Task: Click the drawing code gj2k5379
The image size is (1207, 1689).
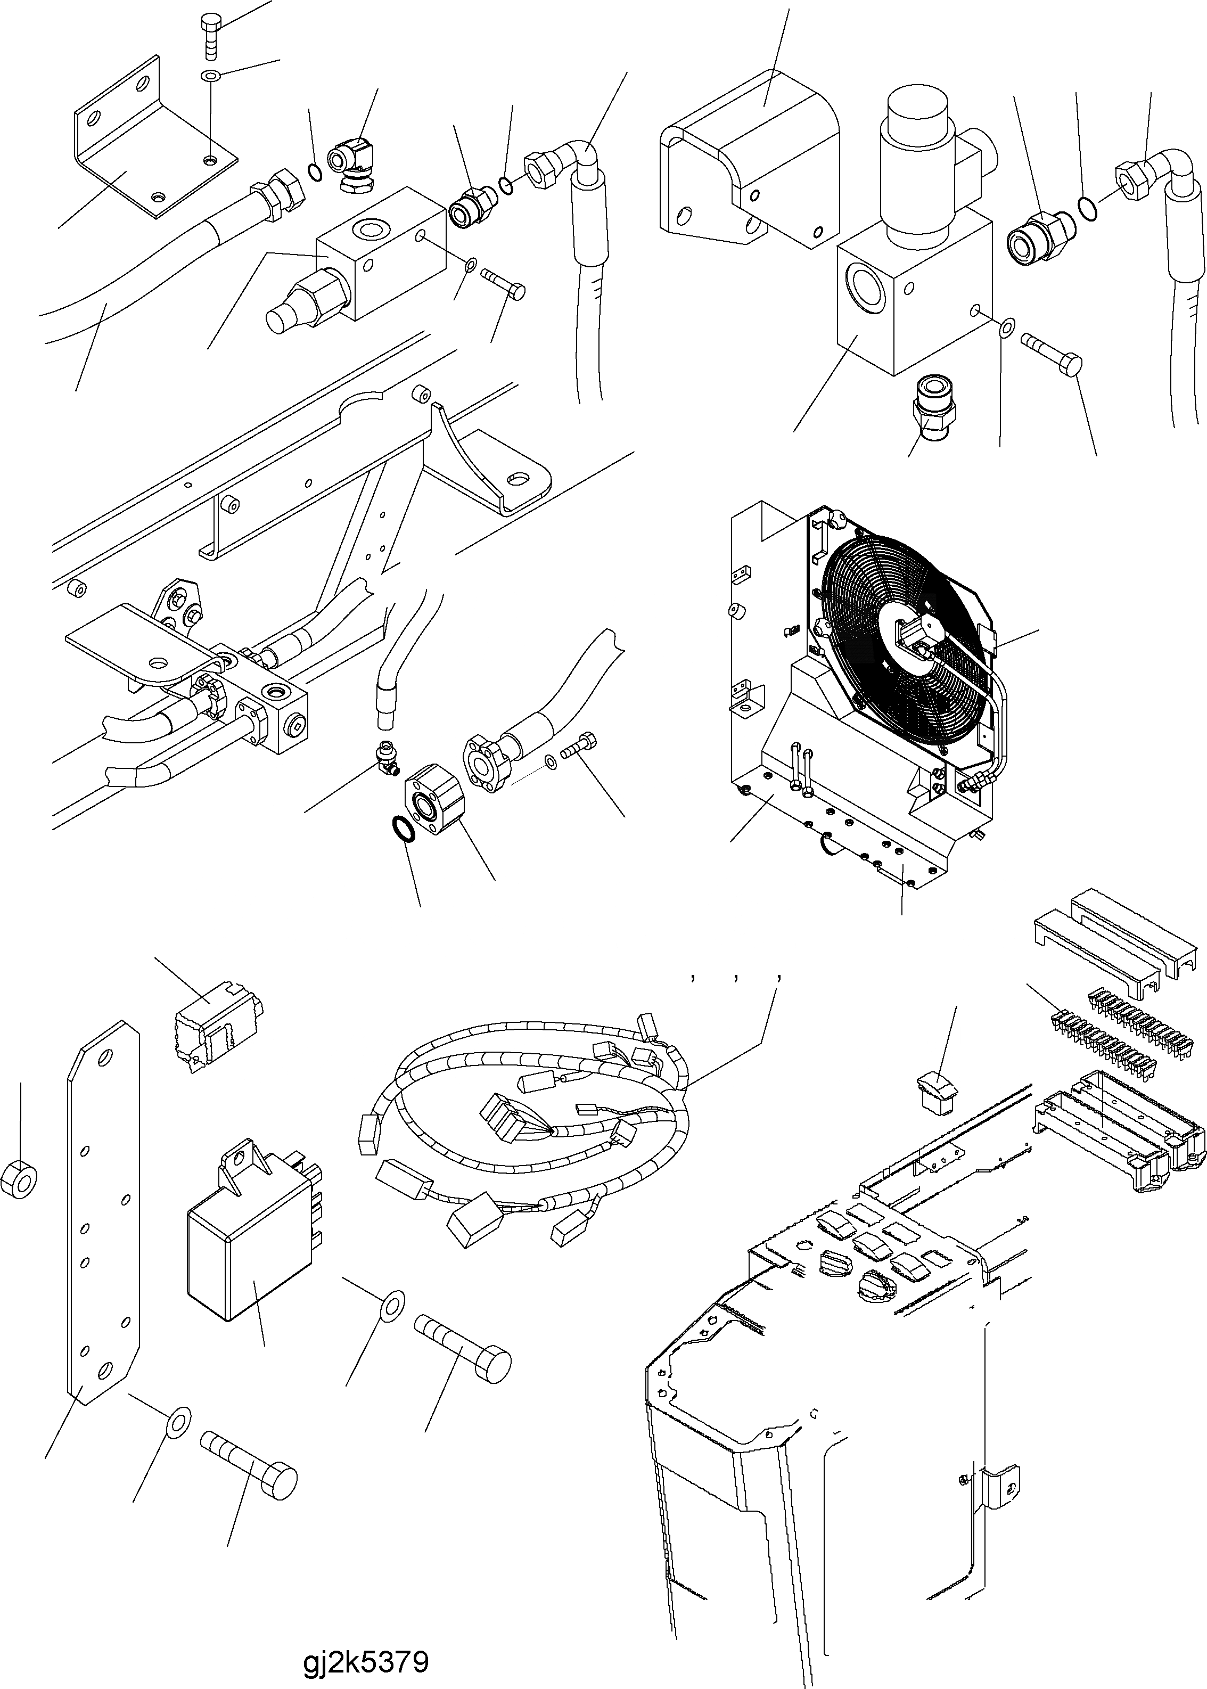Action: (366, 1641)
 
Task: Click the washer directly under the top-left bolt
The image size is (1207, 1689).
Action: (210, 76)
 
